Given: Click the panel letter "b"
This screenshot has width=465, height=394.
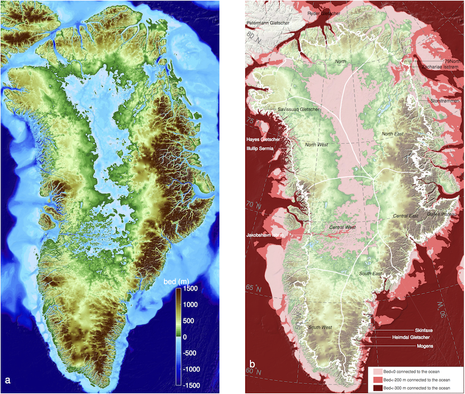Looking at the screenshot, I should click(x=252, y=364).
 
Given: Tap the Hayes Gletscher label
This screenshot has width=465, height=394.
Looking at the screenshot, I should click(x=265, y=139).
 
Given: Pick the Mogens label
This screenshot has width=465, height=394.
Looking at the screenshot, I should click(x=425, y=346).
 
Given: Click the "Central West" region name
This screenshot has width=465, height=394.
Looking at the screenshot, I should click(x=342, y=227).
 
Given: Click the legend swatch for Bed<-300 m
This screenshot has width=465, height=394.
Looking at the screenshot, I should click(x=376, y=388).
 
